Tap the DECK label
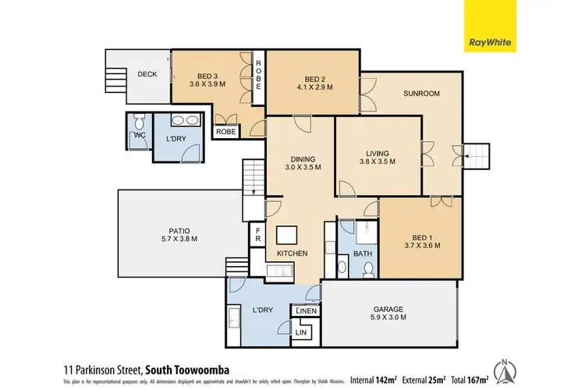[x=147, y=75]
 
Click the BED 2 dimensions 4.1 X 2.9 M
[x=314, y=88]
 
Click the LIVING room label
[x=378, y=153]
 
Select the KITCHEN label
[x=292, y=253]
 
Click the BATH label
[x=363, y=253]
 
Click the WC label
[x=140, y=135]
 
